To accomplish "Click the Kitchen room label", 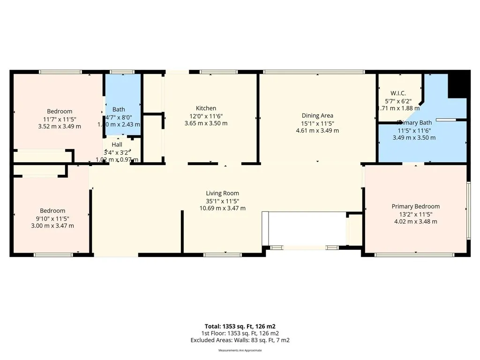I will tap(206, 108).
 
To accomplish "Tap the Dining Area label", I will tap(317, 116).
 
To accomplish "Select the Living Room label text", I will tap(222, 193).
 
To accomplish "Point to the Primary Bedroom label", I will tap(415, 206).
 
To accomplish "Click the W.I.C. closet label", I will tap(398, 93).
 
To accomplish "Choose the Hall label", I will tap(117, 145).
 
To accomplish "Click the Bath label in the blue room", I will tap(119, 110).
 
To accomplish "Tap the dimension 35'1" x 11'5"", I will tap(222, 201).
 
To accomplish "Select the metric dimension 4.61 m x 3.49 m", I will tap(317, 131).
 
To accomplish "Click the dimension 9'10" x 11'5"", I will tap(52, 218).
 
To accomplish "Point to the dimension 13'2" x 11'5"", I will tap(415, 214).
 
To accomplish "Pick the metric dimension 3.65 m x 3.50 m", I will tap(206, 123).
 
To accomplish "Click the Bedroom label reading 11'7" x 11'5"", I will tap(59, 119).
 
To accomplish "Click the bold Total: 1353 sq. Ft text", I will tap(240, 326).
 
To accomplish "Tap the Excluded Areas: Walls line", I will tap(240, 340).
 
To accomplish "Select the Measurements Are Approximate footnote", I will tap(240, 351).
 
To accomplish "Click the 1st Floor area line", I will tap(240, 333).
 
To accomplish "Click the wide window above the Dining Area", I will tap(314, 72).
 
